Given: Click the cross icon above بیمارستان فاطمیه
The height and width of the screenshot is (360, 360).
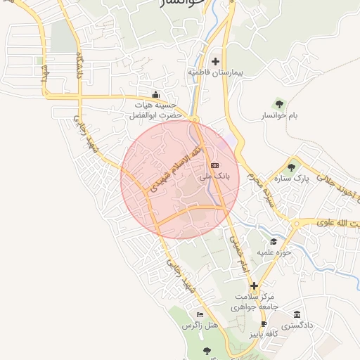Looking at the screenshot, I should click(x=215, y=61).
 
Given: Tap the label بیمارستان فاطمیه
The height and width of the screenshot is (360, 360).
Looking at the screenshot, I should click(x=215, y=72).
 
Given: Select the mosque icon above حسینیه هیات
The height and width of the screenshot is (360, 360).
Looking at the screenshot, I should click(x=155, y=95).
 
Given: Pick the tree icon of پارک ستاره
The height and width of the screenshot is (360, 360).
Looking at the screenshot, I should click(x=291, y=167).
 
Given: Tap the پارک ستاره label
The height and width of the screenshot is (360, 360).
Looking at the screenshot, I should click(x=292, y=179).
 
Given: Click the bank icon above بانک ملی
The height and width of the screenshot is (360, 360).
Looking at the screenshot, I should click(x=214, y=165).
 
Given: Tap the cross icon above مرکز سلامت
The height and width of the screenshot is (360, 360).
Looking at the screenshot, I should click(x=255, y=285).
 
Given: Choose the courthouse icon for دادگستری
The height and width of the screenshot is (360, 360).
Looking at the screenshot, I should click(x=297, y=314).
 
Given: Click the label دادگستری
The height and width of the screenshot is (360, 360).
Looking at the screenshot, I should click(x=297, y=326).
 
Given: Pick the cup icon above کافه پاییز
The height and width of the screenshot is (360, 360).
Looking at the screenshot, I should click(x=264, y=324).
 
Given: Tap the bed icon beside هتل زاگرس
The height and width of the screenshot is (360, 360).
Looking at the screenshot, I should click(x=200, y=314).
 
